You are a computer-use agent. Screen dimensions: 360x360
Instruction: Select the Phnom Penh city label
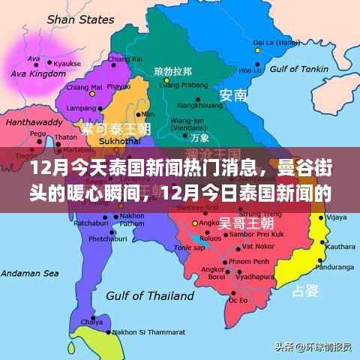point(247,259)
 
